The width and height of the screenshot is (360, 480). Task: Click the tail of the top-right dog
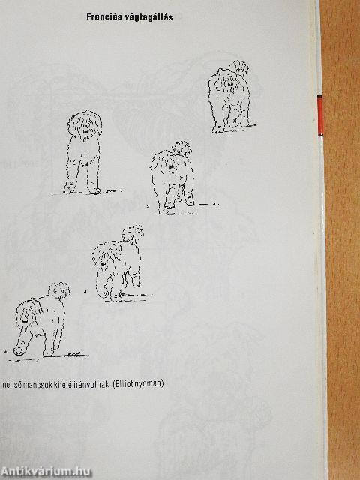pyautogui.click(x=240, y=70)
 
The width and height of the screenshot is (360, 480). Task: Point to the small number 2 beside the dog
pyautogui.click(x=148, y=205)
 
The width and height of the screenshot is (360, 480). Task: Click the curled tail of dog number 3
pyautogui.click(x=133, y=234)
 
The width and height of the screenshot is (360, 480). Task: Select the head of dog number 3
pyautogui.click(x=104, y=259)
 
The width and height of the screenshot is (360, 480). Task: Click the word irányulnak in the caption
pyautogui.click(x=100, y=384)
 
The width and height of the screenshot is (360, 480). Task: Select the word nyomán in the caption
pyautogui.click(x=150, y=384)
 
